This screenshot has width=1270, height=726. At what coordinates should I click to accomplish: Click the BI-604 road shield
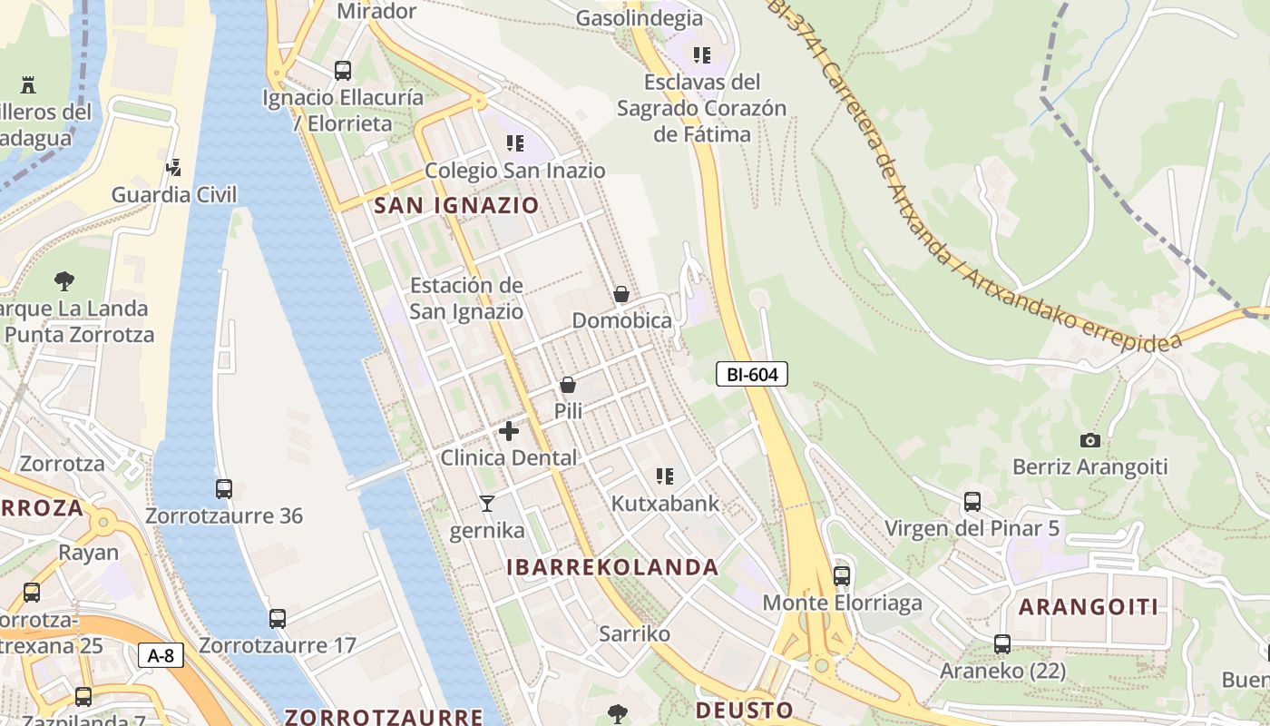coord(752,374)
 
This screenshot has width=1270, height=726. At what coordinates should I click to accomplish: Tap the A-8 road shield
coord(161,655)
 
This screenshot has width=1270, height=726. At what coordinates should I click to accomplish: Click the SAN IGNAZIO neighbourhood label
coord(456,205)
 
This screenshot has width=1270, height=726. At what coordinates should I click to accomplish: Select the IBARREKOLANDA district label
coord(612,568)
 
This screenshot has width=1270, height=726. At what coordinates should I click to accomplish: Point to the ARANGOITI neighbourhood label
coord(1089,607)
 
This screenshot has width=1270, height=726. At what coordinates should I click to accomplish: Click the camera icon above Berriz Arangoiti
coord(1090,441)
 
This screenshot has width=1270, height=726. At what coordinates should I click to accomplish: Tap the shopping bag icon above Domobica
coord(621,294)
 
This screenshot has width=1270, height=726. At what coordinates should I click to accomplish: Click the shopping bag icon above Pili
coord(568,385)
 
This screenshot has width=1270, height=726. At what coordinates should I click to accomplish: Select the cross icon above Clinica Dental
coord(509,431)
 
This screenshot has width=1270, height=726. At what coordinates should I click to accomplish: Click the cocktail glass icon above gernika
coord(487,504)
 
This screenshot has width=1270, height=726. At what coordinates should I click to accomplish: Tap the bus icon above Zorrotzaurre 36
coord(224,489)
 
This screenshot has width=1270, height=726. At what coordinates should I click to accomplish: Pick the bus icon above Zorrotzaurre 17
coord(278,619)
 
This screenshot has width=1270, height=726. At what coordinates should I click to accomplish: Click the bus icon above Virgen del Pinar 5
coord(972,501)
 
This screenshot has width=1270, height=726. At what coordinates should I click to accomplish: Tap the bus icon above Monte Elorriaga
coord(842,575)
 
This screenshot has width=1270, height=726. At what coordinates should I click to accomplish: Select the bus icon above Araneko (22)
coord(1002,644)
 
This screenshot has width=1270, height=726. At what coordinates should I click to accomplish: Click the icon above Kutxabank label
coord(665,476)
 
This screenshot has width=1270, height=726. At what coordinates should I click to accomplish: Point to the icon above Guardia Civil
coord(174,167)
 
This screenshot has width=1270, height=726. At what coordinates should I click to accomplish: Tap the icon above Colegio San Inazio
coord(515,143)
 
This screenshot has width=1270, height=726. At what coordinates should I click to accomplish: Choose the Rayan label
coord(88,553)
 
